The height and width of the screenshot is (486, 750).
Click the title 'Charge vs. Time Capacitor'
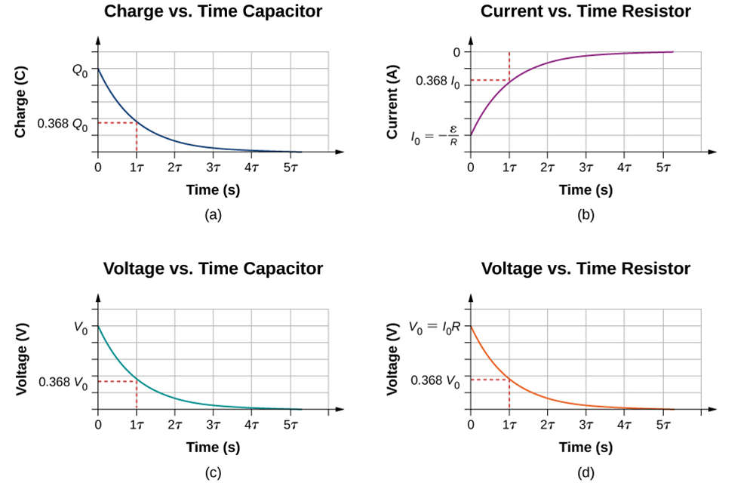(213, 11)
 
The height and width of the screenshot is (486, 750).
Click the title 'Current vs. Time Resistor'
(586, 11)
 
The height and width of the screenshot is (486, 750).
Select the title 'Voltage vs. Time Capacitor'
(213, 269)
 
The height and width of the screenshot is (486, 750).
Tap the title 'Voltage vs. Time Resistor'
(586, 269)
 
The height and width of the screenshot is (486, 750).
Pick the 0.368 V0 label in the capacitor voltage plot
(63, 383)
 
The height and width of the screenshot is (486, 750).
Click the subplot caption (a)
(213, 215)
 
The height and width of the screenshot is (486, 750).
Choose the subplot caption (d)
(586, 473)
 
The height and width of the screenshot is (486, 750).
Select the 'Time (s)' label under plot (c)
(213, 448)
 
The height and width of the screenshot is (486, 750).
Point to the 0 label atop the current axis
(456, 52)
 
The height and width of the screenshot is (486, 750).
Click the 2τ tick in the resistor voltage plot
(547, 426)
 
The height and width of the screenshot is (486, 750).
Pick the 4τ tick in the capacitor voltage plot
(251, 426)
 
